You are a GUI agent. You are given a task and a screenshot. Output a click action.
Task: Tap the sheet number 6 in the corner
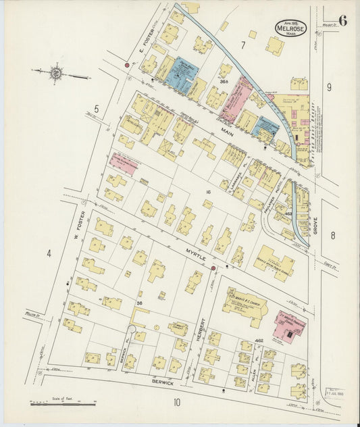pos(343,20)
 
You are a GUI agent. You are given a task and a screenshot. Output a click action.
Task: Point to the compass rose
pos(55,72)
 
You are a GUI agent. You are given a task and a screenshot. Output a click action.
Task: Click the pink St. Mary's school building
pos(289,326)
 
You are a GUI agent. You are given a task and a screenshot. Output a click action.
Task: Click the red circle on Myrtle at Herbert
pos(213,268)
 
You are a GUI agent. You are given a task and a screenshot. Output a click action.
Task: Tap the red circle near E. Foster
pos(126,66)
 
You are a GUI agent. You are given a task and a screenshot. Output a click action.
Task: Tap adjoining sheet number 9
pos(330,86)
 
